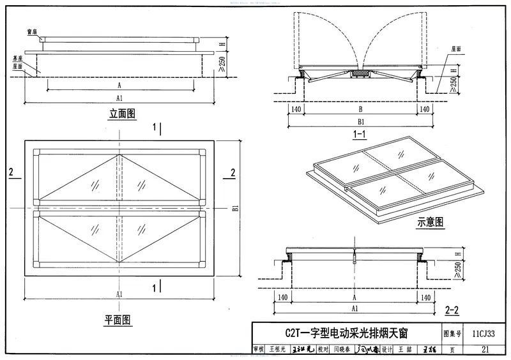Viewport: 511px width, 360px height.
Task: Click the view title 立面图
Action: [x=122, y=114]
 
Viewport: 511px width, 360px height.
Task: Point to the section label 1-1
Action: [x=358, y=134]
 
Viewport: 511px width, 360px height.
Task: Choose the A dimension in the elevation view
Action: [x=119, y=84]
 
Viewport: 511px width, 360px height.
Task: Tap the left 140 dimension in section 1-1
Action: [x=295, y=109]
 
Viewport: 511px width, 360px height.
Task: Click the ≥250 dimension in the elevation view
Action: [x=222, y=64]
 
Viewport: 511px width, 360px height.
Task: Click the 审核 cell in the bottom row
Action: [x=259, y=350]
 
